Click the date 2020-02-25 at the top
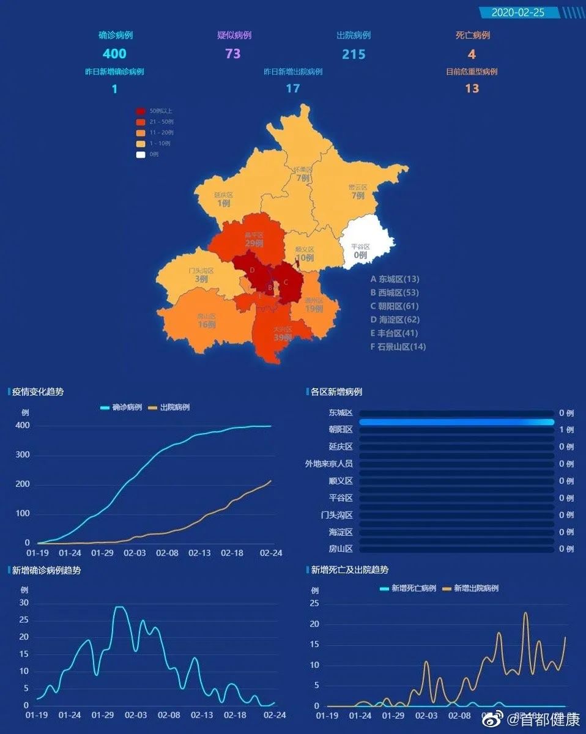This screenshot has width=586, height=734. click(x=517, y=12)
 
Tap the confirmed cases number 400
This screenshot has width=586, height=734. click(x=114, y=54)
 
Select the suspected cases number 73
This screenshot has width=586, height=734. click(x=233, y=54)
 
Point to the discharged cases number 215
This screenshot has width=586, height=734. click(x=354, y=54)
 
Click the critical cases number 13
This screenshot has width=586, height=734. click(x=472, y=88)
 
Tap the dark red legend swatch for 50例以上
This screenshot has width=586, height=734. click(x=141, y=111)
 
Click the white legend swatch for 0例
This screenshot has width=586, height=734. click(x=141, y=154)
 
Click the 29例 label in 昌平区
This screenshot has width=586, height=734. click(x=254, y=243)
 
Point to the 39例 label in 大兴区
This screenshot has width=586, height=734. click(x=282, y=338)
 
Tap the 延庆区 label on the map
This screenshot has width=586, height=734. click(x=223, y=195)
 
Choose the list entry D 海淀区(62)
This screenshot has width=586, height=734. click(x=395, y=320)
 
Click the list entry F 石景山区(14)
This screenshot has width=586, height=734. click(x=398, y=347)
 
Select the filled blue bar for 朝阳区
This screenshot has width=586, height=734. click(x=456, y=422)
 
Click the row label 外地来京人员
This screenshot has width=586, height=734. click(x=329, y=464)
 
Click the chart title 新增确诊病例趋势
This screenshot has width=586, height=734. click(x=46, y=571)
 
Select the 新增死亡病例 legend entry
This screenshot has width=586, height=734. click(x=408, y=588)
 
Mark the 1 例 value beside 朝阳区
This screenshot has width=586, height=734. click(x=566, y=430)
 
